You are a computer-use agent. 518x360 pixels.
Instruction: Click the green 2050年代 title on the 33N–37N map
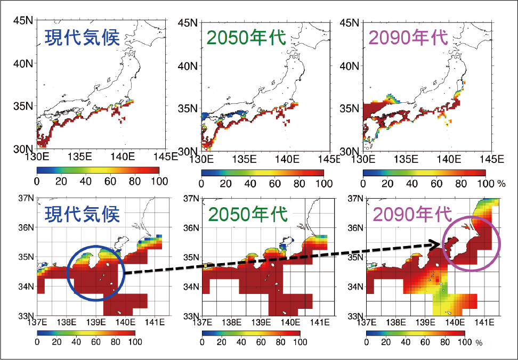point(247,214)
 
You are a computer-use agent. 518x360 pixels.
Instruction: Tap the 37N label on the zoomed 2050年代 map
point(190,199)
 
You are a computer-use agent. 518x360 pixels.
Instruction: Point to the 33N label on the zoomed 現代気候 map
point(26,315)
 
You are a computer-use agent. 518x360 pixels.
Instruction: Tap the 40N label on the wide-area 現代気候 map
point(22,63)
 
